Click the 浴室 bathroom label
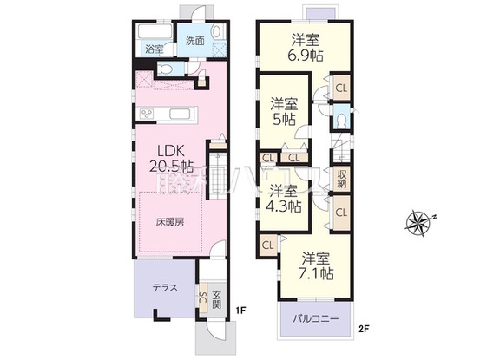[155, 49]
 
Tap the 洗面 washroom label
[194, 40]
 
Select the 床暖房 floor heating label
[170, 222]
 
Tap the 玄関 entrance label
[217, 298]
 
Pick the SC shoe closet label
[203, 299]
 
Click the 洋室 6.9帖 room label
[304, 45]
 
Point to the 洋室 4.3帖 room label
[284, 198]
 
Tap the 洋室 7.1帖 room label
[318, 265]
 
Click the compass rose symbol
[421, 221]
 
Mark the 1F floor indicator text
[245, 310]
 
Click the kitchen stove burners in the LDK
[147, 114]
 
